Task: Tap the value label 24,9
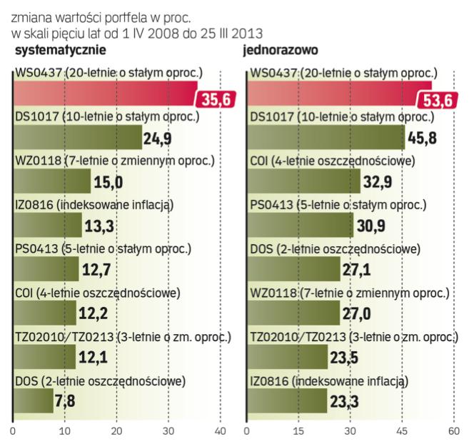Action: pyautogui.click(x=161, y=138)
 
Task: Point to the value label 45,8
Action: pyautogui.click(x=422, y=138)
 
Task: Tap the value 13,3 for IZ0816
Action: pyautogui.click(x=101, y=227)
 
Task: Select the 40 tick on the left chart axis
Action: pyautogui.click(x=220, y=432)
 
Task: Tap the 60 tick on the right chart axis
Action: pyautogui.click(x=453, y=432)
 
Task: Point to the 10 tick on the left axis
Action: pyautogui.click(x=65, y=432)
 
